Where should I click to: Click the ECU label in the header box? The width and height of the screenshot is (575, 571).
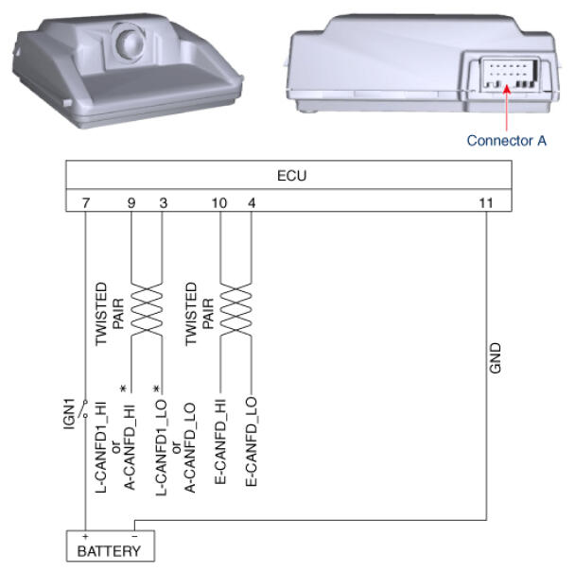(x=291, y=176)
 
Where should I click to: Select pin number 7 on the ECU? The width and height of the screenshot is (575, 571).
(x=86, y=202)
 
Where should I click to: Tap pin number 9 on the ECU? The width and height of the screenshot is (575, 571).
(x=131, y=202)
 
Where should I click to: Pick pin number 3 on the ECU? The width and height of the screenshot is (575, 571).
(x=164, y=202)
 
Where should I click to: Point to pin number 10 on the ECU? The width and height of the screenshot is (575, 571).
(x=219, y=202)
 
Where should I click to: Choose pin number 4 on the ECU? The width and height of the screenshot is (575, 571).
(x=252, y=202)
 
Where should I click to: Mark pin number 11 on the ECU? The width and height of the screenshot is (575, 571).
(x=486, y=202)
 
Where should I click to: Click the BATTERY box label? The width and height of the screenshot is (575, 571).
(x=109, y=551)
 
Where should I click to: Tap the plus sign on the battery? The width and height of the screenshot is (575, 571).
(x=85, y=537)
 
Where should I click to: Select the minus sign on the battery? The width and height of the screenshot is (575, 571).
(x=134, y=537)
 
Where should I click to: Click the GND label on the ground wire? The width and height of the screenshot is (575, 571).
(x=495, y=358)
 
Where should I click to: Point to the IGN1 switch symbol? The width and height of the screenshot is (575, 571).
(x=85, y=408)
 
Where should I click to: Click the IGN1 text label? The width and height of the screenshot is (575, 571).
(x=69, y=414)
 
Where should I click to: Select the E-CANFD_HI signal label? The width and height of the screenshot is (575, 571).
(x=220, y=441)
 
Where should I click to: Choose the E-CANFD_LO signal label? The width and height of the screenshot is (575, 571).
(x=252, y=441)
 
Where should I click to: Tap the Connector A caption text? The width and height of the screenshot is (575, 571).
(x=506, y=140)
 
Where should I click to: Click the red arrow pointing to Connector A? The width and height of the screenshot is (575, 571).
(x=507, y=108)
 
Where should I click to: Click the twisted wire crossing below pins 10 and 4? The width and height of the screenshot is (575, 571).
(x=235, y=309)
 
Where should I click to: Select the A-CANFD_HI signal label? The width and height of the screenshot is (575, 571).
(x=130, y=447)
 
